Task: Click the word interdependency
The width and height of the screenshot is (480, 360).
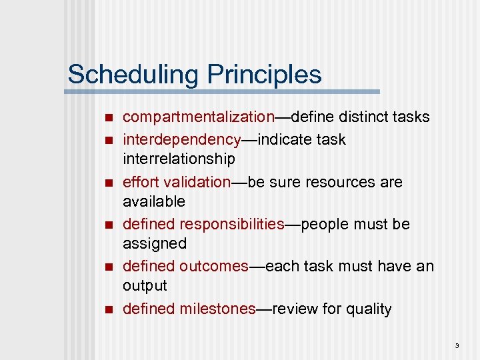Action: [x=181, y=140]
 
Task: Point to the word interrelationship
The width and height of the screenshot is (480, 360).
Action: [x=179, y=159]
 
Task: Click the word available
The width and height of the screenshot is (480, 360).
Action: [x=154, y=201]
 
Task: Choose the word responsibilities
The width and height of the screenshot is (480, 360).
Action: [x=231, y=224]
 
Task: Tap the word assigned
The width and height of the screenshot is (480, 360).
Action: [x=155, y=243]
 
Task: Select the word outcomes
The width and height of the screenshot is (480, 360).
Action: [x=213, y=266]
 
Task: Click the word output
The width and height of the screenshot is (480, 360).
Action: [x=145, y=285]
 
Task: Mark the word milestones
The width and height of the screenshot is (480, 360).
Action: [x=217, y=309]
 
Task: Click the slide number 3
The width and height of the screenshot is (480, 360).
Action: [x=457, y=345]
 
